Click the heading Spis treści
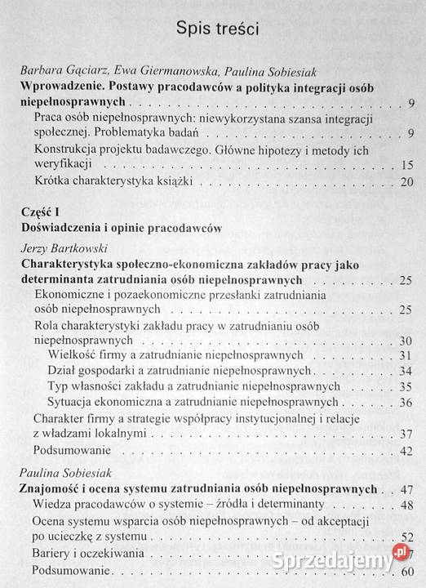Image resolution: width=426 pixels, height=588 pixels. pyautogui.click(x=218, y=30)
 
